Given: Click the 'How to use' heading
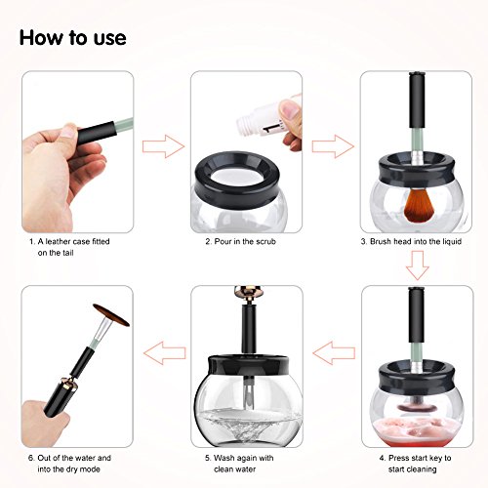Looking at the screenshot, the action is [73, 38].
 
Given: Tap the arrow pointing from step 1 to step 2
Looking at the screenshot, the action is [163, 146].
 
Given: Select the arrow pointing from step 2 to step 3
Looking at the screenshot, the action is [333, 146].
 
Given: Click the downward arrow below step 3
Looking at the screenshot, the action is [418, 265].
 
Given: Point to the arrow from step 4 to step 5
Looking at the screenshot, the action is [334, 353].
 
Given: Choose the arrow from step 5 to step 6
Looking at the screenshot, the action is [165, 353].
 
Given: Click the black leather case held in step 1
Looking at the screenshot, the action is [97, 132].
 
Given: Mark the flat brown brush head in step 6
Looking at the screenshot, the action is [111, 314].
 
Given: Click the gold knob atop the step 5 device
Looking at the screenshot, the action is [247, 292].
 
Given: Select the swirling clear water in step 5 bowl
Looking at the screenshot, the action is [248, 423].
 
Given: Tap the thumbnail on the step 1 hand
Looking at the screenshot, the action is [69, 131].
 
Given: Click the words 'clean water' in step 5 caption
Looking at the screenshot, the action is [234, 469].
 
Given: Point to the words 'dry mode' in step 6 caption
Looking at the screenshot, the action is [83, 469].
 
